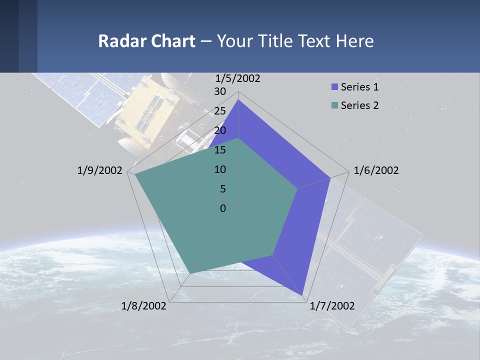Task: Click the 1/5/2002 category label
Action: point(237,78)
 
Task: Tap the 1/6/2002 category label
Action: point(376,170)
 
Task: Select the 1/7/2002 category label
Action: point(332,305)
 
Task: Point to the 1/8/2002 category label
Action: point(144,305)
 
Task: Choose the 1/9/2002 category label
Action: point(100,170)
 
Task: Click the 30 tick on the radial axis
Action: point(220,91)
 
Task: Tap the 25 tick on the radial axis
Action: point(220,111)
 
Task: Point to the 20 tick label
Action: point(220,130)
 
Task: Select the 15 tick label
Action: point(220,150)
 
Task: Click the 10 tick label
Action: point(220,169)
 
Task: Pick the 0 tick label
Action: point(223,208)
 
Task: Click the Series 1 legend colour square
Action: point(334,87)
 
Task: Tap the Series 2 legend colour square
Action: point(334,105)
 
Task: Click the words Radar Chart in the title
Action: point(146,41)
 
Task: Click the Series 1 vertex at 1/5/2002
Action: point(238,100)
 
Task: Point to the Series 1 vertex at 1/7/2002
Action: point(303,295)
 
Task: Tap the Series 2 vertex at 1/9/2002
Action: point(134,174)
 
